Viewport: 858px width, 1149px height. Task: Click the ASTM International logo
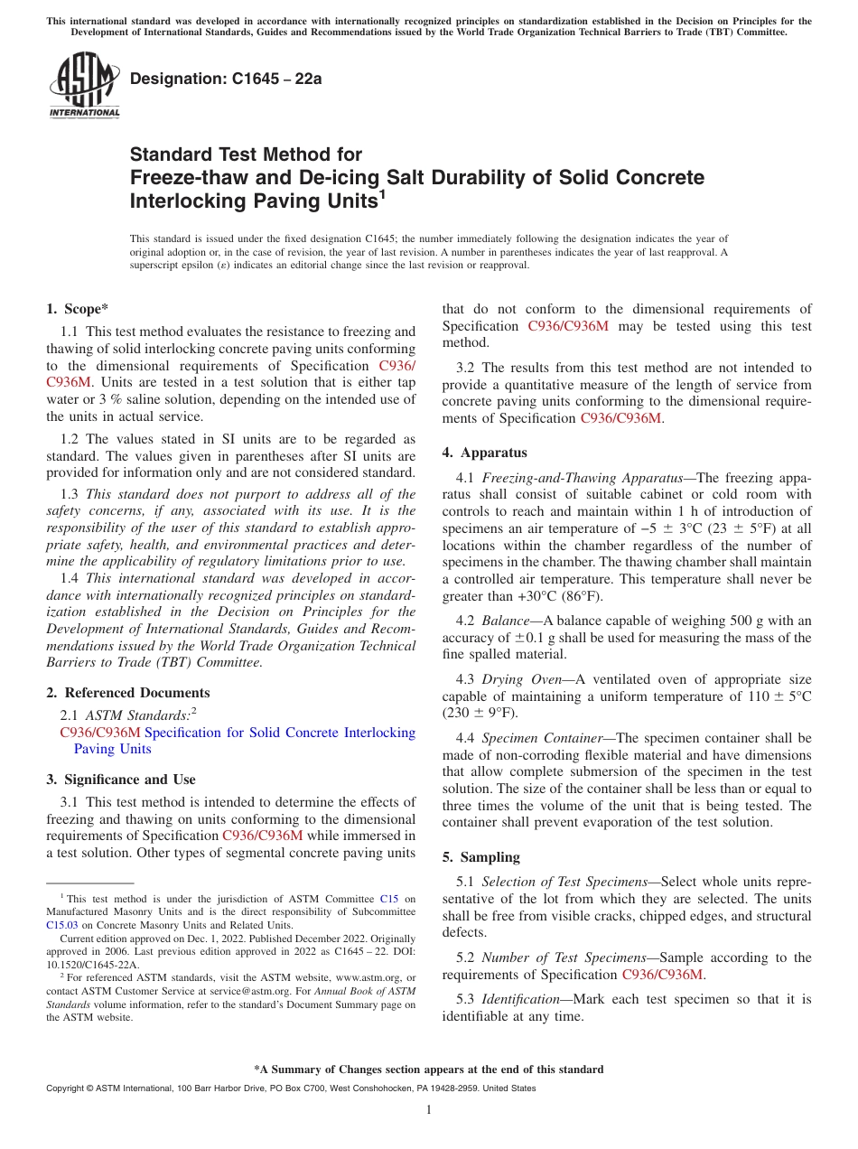tap(84, 86)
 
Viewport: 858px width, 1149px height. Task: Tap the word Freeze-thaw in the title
tap(180, 177)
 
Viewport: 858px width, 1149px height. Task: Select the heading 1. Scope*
tap(78, 309)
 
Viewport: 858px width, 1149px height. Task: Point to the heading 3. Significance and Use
tap(120, 780)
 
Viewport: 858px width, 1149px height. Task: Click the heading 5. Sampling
tap(480, 857)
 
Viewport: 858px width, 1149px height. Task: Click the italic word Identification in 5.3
tap(520, 999)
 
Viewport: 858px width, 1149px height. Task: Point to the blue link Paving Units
tap(112, 749)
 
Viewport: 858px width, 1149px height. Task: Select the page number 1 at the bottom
tap(429, 1109)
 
